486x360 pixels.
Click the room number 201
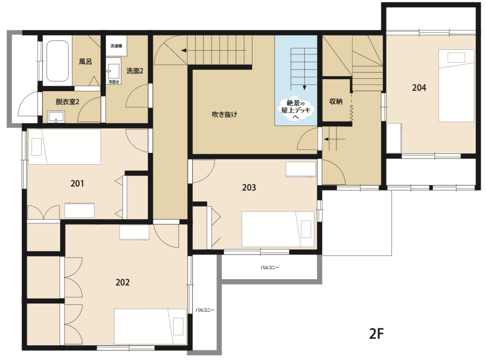coord(77,184)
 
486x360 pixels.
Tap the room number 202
coord(122,283)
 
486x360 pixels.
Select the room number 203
coord(249,188)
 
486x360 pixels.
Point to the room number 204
coord(419,88)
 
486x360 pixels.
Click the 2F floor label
coord(376,334)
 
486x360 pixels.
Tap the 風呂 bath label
coord(85,61)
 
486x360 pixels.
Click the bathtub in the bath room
coord(57,61)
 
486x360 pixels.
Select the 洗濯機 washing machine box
coord(116,46)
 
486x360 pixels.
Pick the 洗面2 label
coord(135,71)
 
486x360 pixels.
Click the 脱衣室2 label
coord(67,102)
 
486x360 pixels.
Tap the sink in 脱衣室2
coord(56,117)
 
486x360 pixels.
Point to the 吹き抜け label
coord(224,114)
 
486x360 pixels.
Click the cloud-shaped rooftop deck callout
coord(296,109)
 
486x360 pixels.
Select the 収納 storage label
coord(336,101)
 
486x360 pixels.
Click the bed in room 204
coord(456,85)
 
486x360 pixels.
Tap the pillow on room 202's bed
coord(178,326)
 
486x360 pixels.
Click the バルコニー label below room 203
coord(270,267)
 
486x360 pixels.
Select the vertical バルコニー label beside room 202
coord(205,310)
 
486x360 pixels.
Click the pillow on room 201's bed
coord(37,147)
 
